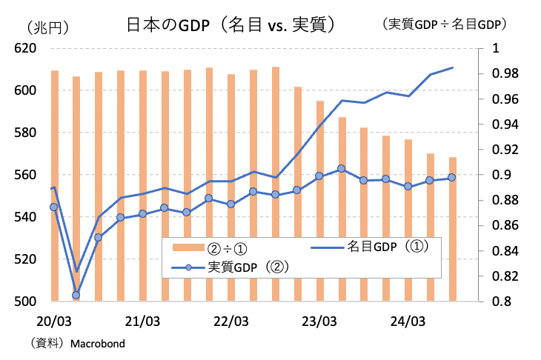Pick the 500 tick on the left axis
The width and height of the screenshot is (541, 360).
[25, 301]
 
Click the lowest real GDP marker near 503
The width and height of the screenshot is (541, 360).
[76, 295]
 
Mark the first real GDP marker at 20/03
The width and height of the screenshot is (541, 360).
[54, 207]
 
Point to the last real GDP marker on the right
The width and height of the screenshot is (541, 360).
[451, 177]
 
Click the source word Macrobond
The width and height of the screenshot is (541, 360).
[97, 344]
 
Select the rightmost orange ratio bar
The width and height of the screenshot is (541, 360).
[451, 229]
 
